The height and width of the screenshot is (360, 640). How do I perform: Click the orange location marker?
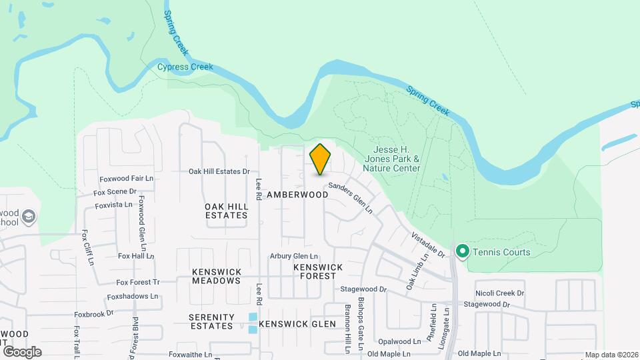(x=320, y=159)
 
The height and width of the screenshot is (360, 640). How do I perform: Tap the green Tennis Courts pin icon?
(x=461, y=251)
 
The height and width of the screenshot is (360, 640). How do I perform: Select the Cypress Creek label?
(x=185, y=67)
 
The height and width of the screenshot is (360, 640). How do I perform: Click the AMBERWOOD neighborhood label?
(x=297, y=195)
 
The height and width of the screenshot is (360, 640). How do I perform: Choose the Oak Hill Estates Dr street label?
(x=219, y=171)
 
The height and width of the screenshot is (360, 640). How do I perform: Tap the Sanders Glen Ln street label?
(x=351, y=199)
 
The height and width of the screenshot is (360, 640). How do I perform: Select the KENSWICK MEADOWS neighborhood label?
(x=216, y=276)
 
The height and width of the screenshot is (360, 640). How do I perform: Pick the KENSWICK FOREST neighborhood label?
(x=318, y=271)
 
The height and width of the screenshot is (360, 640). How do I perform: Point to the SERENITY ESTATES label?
(x=211, y=321)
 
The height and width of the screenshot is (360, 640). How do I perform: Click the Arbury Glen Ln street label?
(x=294, y=256)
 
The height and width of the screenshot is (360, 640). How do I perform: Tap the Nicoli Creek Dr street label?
(x=500, y=293)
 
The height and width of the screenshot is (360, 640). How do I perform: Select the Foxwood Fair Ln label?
(x=127, y=179)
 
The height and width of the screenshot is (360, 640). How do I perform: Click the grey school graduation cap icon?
(x=28, y=217)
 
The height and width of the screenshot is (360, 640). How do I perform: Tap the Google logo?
(x=22, y=351)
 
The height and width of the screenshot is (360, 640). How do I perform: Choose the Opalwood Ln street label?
(x=399, y=341)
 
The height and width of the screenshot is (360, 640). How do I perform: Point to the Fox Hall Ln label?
(x=136, y=255)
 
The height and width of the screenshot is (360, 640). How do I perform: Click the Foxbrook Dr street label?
(x=94, y=313)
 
